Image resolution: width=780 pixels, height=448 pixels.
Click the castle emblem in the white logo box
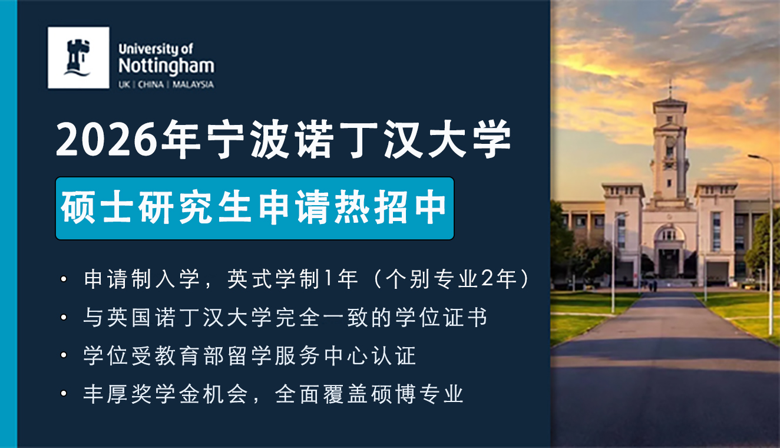(x=78, y=58)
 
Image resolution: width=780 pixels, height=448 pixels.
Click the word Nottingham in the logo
(x=166, y=67)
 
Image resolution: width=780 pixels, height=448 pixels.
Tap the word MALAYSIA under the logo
(x=193, y=85)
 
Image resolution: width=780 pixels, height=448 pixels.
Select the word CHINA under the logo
(x=151, y=85)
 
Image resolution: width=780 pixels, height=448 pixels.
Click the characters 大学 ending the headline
(x=469, y=139)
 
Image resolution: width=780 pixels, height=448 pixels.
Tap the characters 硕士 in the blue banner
(x=97, y=207)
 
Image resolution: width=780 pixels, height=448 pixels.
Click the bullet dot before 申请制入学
(x=64, y=279)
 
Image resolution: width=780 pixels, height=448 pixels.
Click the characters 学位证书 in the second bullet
(x=441, y=317)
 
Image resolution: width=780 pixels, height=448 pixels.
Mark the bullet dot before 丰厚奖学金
(x=64, y=394)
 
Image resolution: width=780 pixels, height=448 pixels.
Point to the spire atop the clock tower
(x=670, y=89)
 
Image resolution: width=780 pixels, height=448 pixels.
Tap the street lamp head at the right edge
(x=755, y=157)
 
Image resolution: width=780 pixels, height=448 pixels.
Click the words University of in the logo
(x=156, y=49)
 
